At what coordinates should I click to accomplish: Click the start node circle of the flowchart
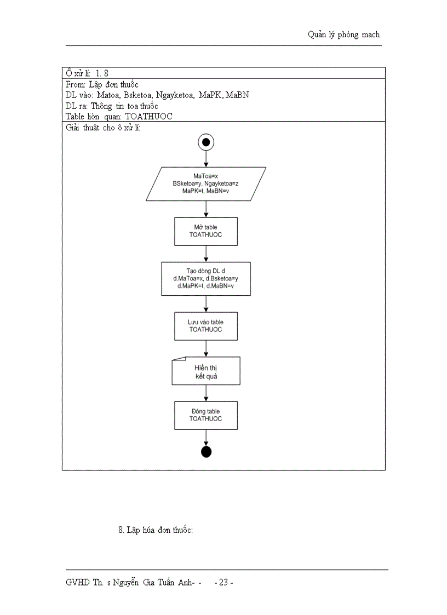pos(206,142)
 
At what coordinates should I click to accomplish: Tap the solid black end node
pos(206,452)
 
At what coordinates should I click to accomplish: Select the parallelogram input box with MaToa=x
pos(206,183)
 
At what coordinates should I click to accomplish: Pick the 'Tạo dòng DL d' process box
pos(206,278)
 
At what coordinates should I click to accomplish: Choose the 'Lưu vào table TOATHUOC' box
pos(206,326)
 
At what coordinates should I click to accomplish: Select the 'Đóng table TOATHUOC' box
pos(206,415)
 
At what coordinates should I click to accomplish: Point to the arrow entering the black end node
pos(206,438)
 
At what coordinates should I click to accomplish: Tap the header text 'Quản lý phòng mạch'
pos(343,35)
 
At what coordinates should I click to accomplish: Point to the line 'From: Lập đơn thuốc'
pos(102,84)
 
